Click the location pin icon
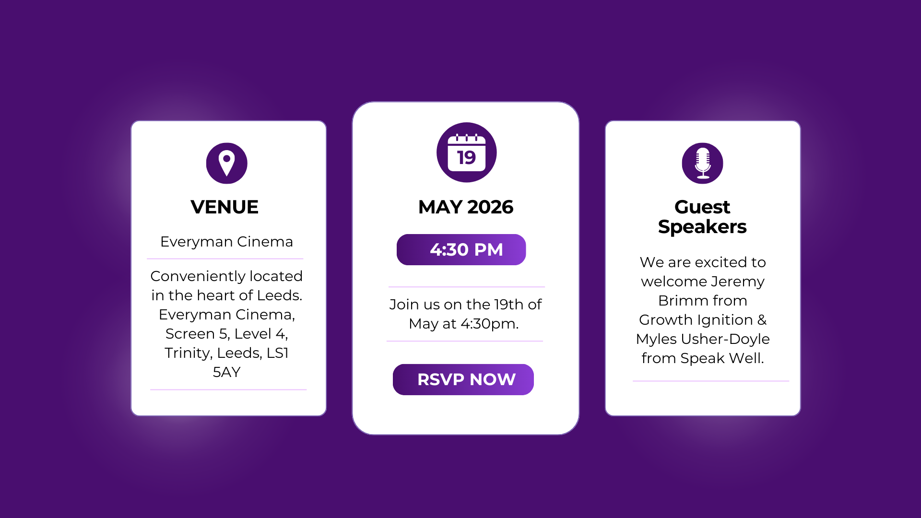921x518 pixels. click(227, 163)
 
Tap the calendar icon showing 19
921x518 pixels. click(466, 153)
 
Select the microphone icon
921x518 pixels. click(703, 163)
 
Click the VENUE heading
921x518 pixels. click(224, 207)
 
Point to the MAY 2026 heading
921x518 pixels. click(466, 207)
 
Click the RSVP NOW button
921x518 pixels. click(463, 379)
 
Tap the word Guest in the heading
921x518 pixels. click(702, 207)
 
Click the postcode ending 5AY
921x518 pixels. click(227, 372)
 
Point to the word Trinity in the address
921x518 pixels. click(189, 353)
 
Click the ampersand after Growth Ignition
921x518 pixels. click(762, 320)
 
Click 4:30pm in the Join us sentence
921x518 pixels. click(490, 324)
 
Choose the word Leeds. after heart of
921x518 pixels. click(280, 295)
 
